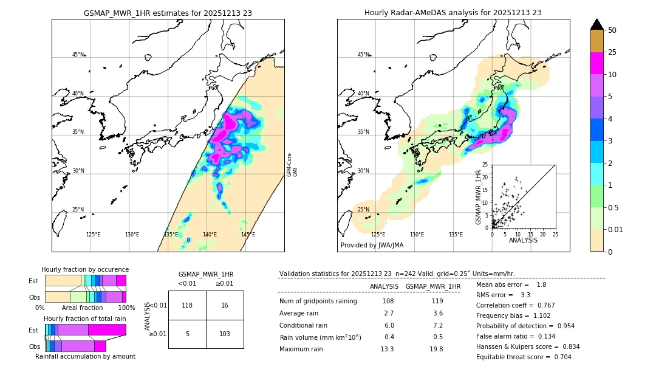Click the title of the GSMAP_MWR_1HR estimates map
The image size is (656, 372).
168,13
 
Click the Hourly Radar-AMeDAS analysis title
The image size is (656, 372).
453,13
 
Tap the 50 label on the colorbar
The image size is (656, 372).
612,30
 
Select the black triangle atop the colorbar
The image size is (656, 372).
597,24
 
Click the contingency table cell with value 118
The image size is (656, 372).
187,305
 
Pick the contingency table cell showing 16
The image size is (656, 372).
225,305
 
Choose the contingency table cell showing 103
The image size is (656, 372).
225,334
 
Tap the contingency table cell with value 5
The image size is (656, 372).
187,334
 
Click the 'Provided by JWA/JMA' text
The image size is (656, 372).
372,245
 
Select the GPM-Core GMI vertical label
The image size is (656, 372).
292,164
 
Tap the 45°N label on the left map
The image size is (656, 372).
78,55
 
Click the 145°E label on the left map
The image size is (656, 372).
248,235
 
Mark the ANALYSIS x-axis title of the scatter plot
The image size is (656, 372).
523,240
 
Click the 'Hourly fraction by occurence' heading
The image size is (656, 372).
85,269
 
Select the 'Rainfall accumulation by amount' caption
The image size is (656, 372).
85,356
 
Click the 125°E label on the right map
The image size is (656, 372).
378,235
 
